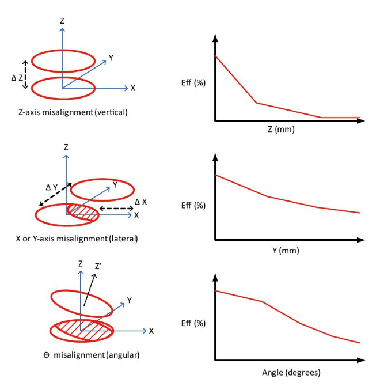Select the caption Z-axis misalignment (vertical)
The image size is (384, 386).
tap(73, 112)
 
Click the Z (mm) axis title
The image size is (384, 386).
tap(281, 129)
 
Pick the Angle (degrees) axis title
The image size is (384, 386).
tap(291, 372)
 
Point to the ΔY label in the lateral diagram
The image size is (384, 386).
tap(52, 187)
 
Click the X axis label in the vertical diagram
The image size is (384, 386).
tap(133, 88)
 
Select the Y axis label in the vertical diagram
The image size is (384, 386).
tap(112, 58)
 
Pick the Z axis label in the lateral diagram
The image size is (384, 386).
tap(66, 147)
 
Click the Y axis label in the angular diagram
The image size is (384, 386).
tap(130, 300)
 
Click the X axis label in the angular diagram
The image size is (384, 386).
tap(151, 331)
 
